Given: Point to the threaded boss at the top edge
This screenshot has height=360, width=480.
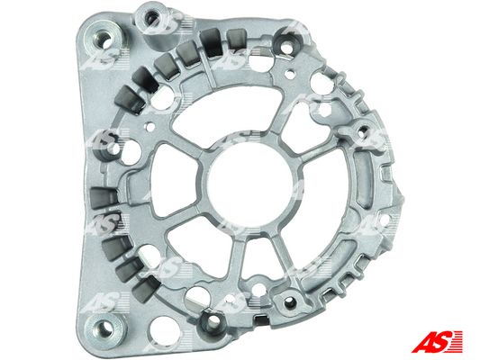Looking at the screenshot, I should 291,40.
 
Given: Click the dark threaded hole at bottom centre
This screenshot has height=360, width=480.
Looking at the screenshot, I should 213,321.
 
